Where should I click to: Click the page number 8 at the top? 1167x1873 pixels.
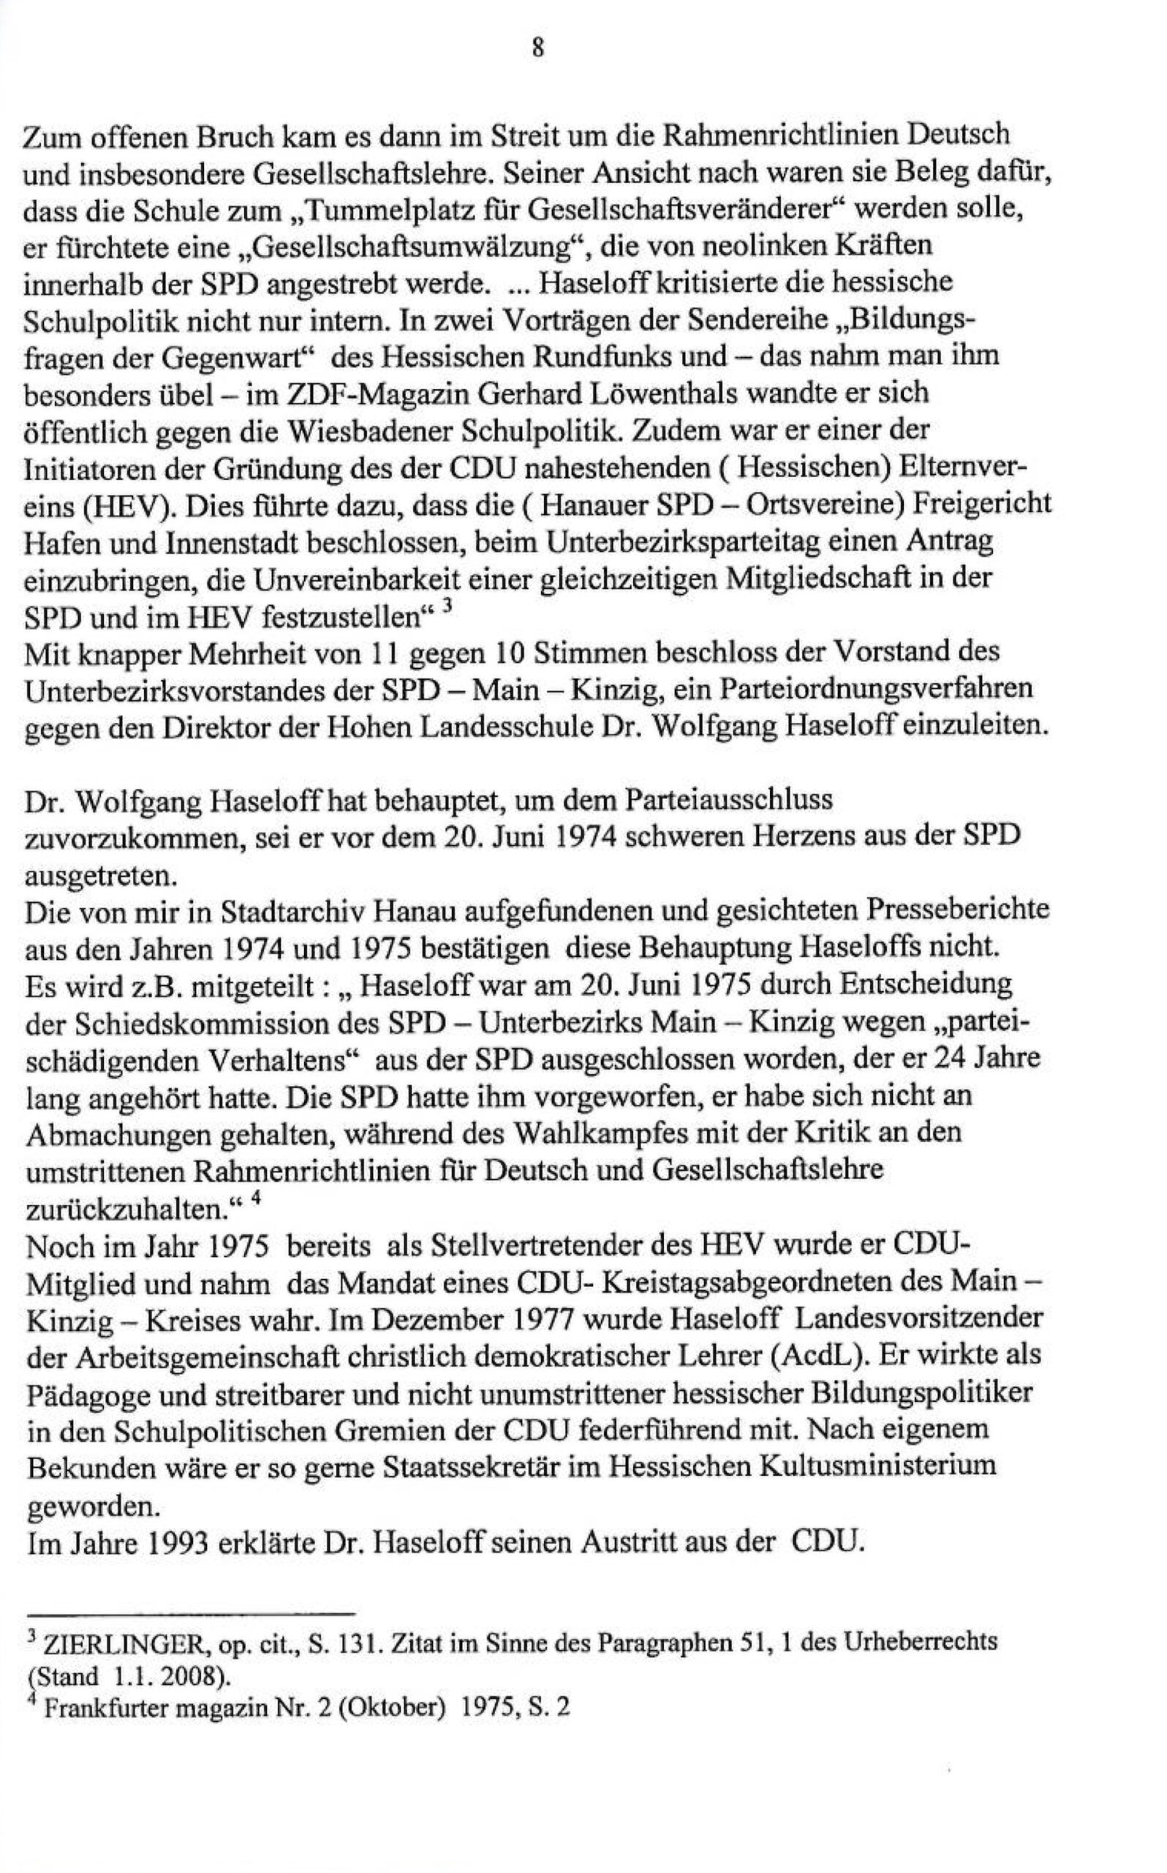click(538, 48)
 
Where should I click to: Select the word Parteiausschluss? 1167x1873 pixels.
click(728, 800)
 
